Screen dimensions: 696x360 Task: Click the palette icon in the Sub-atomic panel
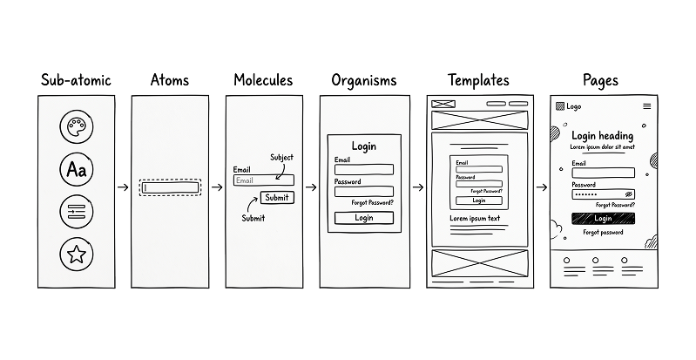tap(77, 126)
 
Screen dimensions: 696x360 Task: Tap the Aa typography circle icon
tap(77, 169)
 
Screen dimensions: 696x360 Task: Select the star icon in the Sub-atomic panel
tap(77, 255)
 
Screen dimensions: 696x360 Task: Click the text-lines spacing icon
tap(77, 212)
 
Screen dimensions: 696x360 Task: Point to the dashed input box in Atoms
tap(170, 187)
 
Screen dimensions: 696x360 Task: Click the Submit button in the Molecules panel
tap(277, 197)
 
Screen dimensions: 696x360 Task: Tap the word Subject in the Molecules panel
tap(282, 157)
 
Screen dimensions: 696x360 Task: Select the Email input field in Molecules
tap(264, 180)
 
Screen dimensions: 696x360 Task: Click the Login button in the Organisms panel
tap(364, 218)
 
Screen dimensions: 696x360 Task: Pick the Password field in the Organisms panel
tap(364, 192)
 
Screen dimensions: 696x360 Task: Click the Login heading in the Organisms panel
tap(364, 146)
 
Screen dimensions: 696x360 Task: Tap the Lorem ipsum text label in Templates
tap(475, 218)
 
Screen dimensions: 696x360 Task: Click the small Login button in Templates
tap(479, 200)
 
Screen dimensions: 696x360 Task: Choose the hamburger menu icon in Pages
tap(647, 106)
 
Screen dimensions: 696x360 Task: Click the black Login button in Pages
tap(604, 218)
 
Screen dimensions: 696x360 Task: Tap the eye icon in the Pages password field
tap(628, 194)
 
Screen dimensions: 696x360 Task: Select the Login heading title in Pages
tap(602, 136)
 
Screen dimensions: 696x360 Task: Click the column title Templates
tap(478, 80)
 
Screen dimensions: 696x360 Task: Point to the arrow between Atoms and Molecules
tap(217, 187)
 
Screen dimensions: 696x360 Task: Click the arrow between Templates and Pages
tap(542, 187)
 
